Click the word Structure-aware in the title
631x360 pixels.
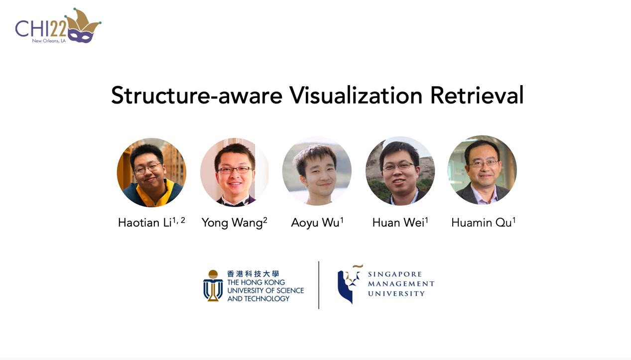[x=197, y=95]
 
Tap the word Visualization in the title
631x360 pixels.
[x=356, y=95]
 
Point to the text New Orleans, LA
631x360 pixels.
[x=49, y=41]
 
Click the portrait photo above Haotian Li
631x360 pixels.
[x=151, y=172]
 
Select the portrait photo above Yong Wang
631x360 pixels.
[x=235, y=172]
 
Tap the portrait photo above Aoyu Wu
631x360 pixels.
[x=317, y=171]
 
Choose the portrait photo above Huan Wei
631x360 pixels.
[x=400, y=171]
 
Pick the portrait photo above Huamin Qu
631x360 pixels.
[x=482, y=170]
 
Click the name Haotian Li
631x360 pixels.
[x=151, y=222]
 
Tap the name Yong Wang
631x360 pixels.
[x=235, y=223]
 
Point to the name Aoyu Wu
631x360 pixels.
[x=317, y=222]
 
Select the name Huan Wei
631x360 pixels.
[x=400, y=222]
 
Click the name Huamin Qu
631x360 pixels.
[x=484, y=222]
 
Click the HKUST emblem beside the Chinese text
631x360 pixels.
[x=213, y=286]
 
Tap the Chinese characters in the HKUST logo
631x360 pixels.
[x=253, y=274]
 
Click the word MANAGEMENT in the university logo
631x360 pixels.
[x=401, y=284]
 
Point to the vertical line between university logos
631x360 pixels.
[x=319, y=285]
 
